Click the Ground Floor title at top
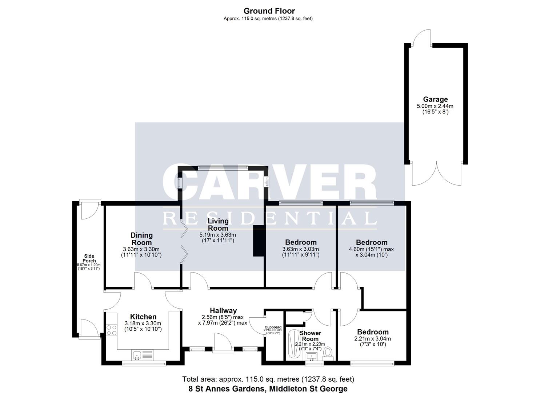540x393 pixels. [x=269, y=11]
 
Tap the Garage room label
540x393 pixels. [x=435, y=99]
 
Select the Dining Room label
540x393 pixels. [x=141, y=239]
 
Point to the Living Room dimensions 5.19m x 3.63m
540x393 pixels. [x=217, y=235]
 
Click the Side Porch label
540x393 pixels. [x=89, y=258]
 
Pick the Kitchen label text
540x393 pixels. [x=143, y=317]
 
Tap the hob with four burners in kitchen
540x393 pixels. [x=112, y=330]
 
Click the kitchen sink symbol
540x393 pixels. [x=137, y=355]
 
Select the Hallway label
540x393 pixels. [x=223, y=310]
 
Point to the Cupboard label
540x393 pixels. [x=273, y=327]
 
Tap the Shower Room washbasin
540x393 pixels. [x=312, y=356]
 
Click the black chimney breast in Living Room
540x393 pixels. [x=259, y=241]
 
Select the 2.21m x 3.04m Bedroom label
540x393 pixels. [x=373, y=332]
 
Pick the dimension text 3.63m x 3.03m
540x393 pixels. [x=300, y=249]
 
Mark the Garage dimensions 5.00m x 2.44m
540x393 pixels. [x=435, y=106]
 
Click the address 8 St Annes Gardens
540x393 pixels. [x=227, y=389]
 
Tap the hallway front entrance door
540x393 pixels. [x=223, y=343]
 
